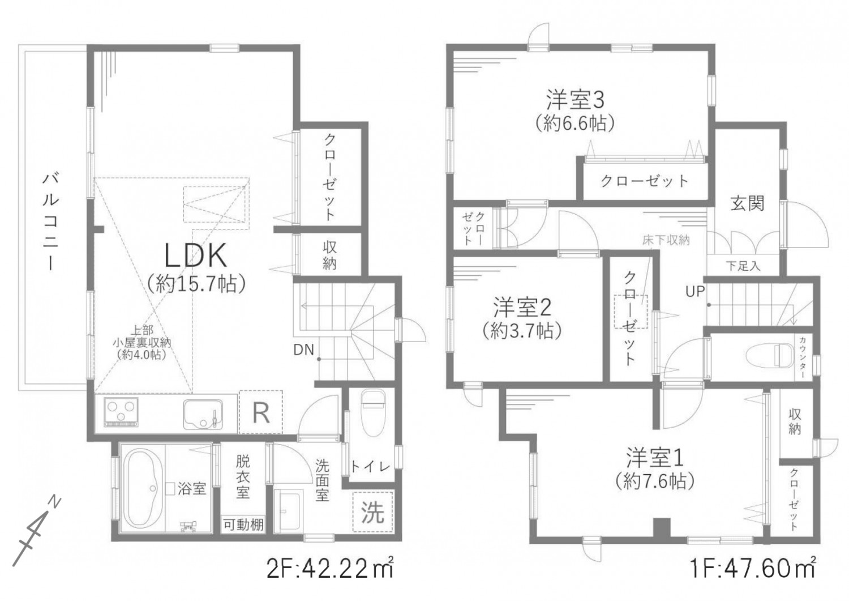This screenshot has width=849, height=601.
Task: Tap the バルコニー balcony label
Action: click(50, 221)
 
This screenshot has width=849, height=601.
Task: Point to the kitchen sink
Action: click(203, 414)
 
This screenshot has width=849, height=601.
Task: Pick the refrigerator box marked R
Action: click(261, 412)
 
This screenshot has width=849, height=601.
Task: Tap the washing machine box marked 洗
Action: click(372, 512)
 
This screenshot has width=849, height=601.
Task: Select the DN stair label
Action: click(303, 350)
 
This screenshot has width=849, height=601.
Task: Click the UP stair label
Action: click(695, 291)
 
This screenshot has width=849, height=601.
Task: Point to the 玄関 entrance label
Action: click(747, 204)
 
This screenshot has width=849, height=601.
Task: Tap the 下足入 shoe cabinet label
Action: click(743, 266)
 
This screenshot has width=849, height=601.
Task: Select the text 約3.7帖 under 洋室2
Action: click(522, 331)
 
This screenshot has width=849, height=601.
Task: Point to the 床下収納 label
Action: click(666, 240)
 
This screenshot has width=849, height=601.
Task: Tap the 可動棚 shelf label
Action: click(243, 525)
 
